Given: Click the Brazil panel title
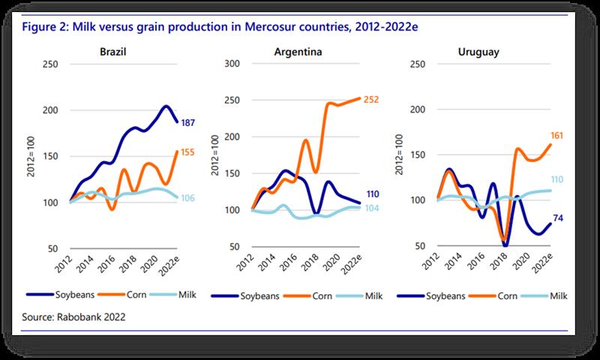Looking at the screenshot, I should [x=112, y=52].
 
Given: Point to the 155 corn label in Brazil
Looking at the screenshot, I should [x=190, y=152].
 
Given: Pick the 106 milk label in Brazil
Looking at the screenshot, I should [x=190, y=198].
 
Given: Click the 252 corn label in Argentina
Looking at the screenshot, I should [x=373, y=99].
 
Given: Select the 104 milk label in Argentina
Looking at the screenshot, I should [x=373, y=207].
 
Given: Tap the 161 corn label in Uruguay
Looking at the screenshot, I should [x=556, y=136].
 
